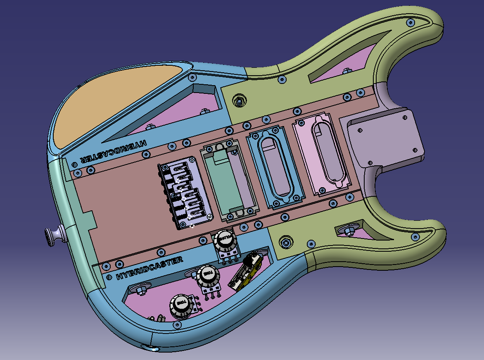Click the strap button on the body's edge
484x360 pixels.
coord(54,235)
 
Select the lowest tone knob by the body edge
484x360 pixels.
coord(181,306)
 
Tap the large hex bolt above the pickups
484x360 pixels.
coord(238,100)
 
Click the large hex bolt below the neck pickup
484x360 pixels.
coord(285,242)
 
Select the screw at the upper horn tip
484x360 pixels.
coord(410,23)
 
